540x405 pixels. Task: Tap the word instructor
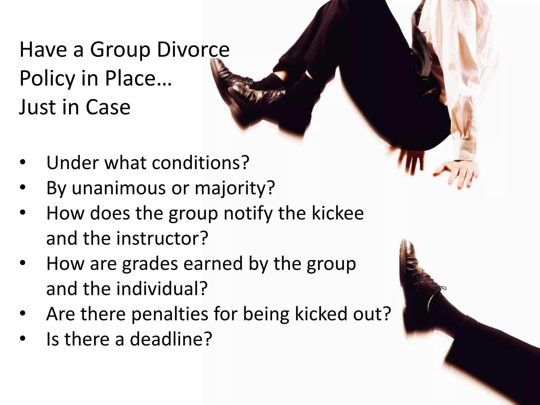162,238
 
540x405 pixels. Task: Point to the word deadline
171,339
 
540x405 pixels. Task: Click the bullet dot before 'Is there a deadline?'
23,339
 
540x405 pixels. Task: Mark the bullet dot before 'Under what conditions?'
23,163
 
